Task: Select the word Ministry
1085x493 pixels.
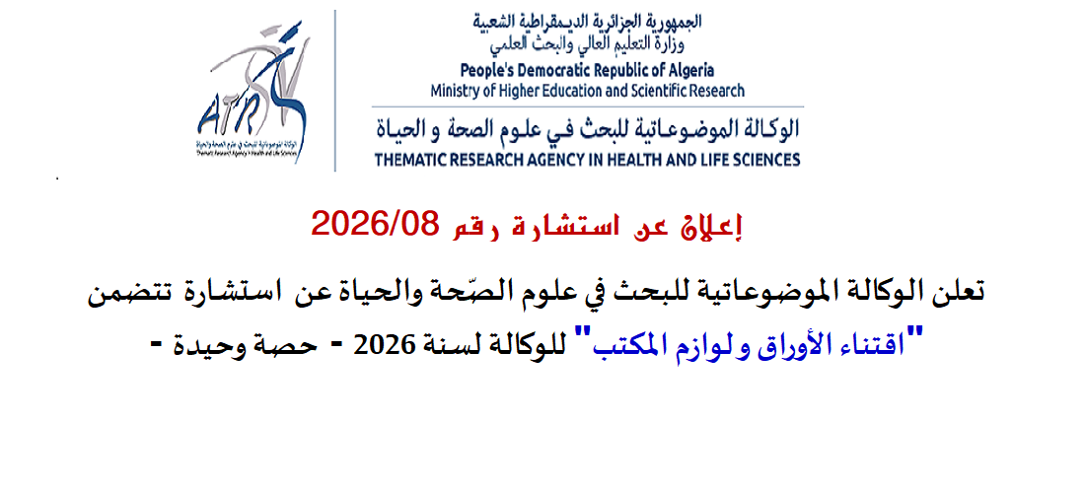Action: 454,91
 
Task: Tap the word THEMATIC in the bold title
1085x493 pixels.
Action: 410,160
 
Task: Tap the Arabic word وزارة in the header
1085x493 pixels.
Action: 686,46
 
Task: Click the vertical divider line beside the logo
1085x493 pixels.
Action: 335,91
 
